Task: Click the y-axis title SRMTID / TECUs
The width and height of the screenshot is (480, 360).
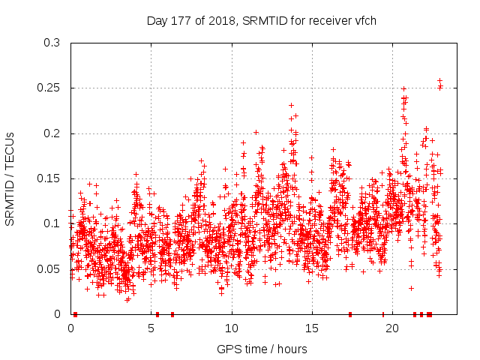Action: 10,178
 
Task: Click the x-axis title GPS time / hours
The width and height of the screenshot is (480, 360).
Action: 262,349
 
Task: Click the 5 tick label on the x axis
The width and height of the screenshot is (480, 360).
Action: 151,328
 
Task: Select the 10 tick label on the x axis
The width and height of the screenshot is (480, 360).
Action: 232,328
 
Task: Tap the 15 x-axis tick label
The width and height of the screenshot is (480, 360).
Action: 312,328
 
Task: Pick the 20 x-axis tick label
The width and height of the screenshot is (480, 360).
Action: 392,328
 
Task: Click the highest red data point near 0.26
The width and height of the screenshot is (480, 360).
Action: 439,80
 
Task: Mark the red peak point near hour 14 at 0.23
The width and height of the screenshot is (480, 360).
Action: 291,105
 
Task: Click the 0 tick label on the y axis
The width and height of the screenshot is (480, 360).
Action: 58,313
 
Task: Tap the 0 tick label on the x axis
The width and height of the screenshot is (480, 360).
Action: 71,328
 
